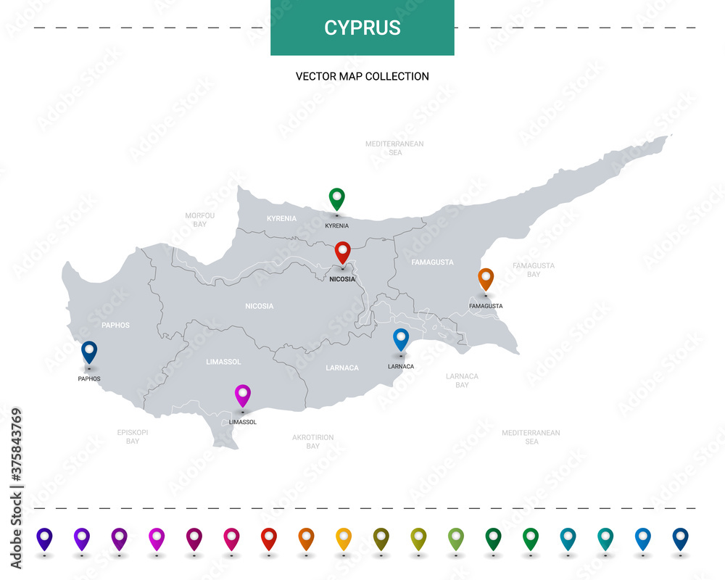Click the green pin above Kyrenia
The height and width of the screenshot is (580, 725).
336,198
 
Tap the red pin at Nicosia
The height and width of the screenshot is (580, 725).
342,252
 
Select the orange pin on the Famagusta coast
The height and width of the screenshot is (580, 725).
486,278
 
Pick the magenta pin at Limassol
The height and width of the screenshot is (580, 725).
243,395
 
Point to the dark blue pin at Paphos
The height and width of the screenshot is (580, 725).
89,352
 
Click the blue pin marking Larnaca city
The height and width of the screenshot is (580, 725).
400,339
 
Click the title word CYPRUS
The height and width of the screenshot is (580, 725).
362,28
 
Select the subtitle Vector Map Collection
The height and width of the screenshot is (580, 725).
362,76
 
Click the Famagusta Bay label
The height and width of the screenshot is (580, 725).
533,270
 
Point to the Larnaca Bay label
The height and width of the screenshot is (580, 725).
462,381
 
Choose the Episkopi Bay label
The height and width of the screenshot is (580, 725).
133,436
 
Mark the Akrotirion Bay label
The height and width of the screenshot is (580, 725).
312,442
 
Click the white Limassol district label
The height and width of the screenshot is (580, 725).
223,361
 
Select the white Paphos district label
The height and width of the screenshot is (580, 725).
115,325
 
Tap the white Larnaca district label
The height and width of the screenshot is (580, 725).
342,368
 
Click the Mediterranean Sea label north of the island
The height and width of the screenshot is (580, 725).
394,148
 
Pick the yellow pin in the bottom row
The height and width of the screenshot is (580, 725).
344,538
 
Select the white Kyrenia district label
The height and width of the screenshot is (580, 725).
281,218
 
